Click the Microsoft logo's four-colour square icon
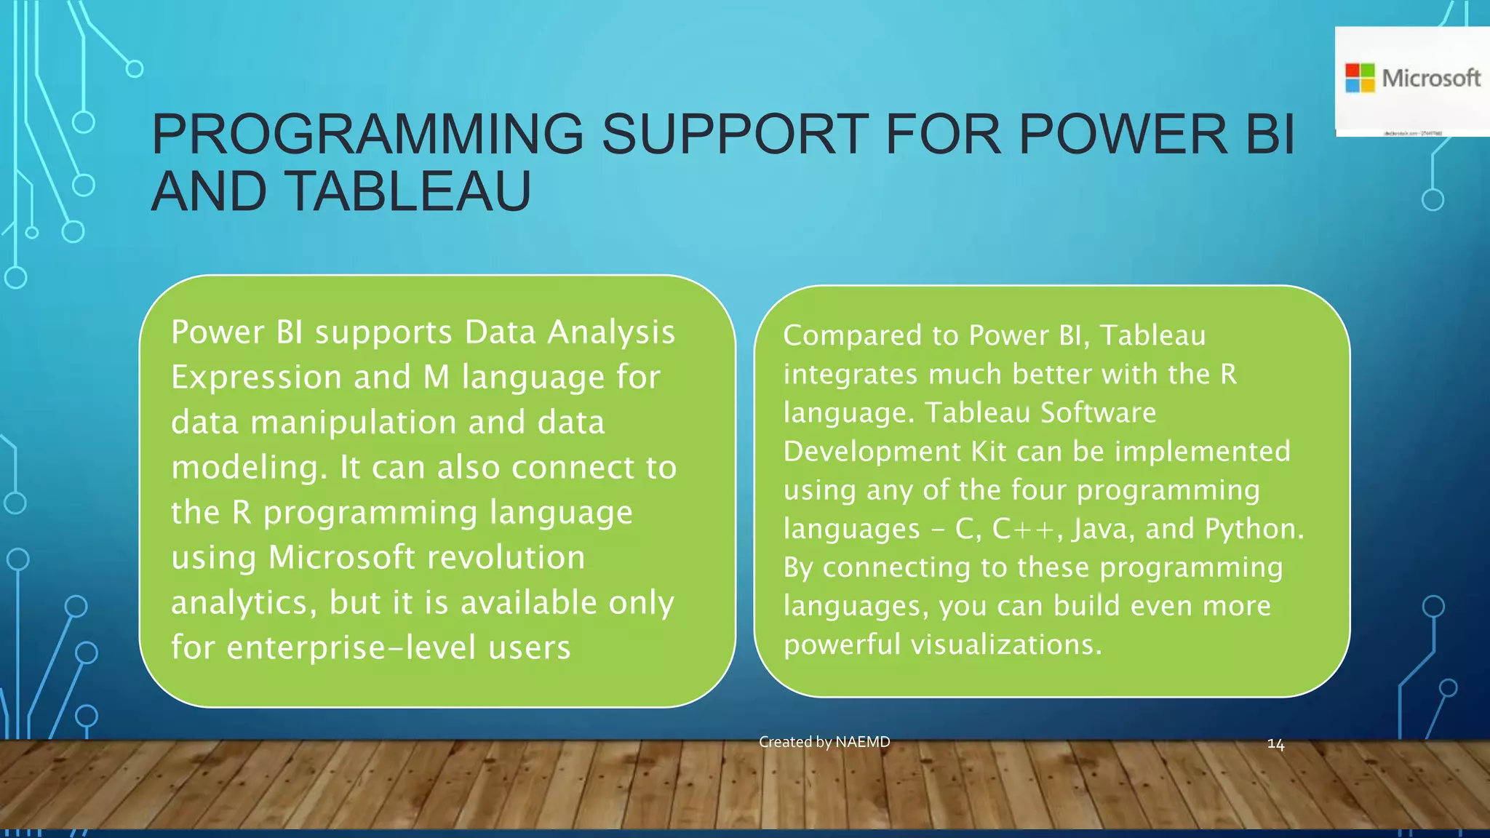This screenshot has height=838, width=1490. (x=1360, y=78)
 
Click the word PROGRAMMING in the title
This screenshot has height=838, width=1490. (x=367, y=135)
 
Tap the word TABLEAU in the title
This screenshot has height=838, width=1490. (x=410, y=192)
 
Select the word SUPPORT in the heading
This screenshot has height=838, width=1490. (x=735, y=135)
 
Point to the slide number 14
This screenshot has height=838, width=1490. (x=1275, y=744)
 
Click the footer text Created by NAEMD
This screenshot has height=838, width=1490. (x=824, y=742)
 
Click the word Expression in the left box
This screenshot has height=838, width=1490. (x=256, y=378)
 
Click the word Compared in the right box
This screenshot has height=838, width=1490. (x=853, y=336)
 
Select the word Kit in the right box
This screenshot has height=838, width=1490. (x=989, y=452)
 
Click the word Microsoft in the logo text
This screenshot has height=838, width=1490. (x=1431, y=78)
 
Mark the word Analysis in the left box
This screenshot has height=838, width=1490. (x=611, y=332)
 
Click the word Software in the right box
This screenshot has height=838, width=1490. (x=1098, y=413)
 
